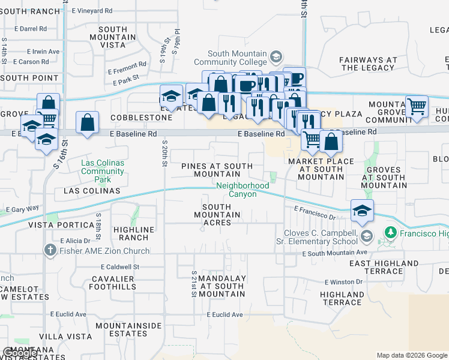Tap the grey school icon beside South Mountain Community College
click(x=276, y=58)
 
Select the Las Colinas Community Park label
click(x=103, y=167)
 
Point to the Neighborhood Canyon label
click(x=243, y=190)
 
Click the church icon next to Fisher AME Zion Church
click(x=47, y=249)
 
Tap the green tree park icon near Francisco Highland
click(x=390, y=232)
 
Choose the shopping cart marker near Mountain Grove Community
click(x=417, y=107)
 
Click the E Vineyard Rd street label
click(x=92, y=11)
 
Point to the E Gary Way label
click(x=22, y=209)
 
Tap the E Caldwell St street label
click(x=120, y=266)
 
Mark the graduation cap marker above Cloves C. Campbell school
click(x=362, y=211)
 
